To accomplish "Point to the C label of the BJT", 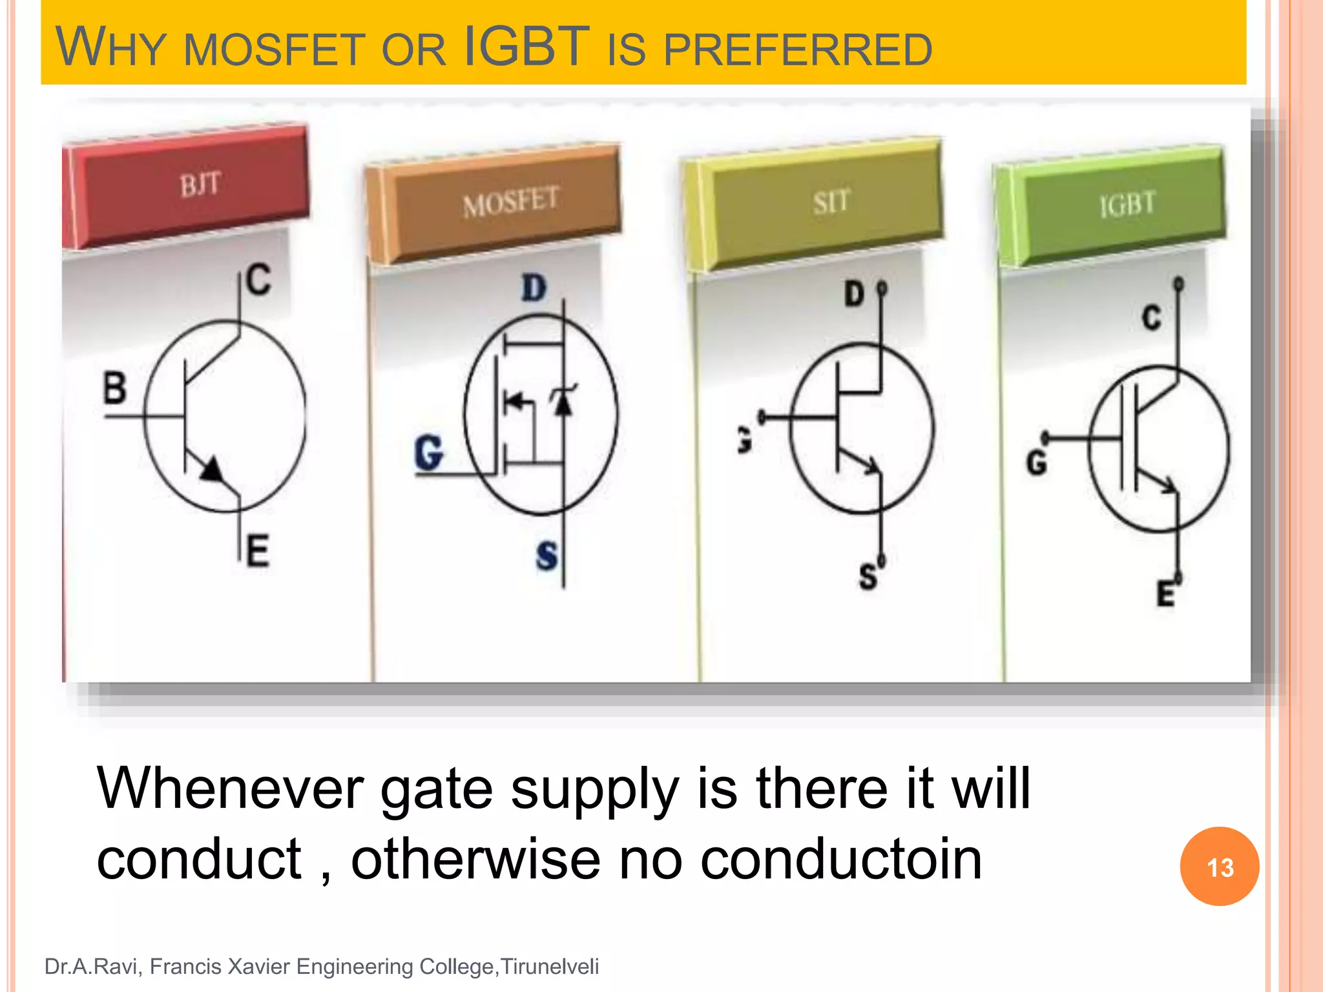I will pos(259,280).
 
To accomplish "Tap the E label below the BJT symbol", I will pos(258,551).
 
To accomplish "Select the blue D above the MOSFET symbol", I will pos(534,288).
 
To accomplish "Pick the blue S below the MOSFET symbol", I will pos(547,555).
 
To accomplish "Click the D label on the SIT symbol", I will pos(854,294).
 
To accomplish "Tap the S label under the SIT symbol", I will pos(868,576).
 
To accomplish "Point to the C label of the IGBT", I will pos(1151,318).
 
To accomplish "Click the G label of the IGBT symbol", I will pos(1036,462).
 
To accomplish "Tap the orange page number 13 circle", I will pos(1219,866).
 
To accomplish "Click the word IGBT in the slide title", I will pos(526,46).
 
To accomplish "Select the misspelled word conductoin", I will pos(841,859).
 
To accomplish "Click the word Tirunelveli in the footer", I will pos(550,966).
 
